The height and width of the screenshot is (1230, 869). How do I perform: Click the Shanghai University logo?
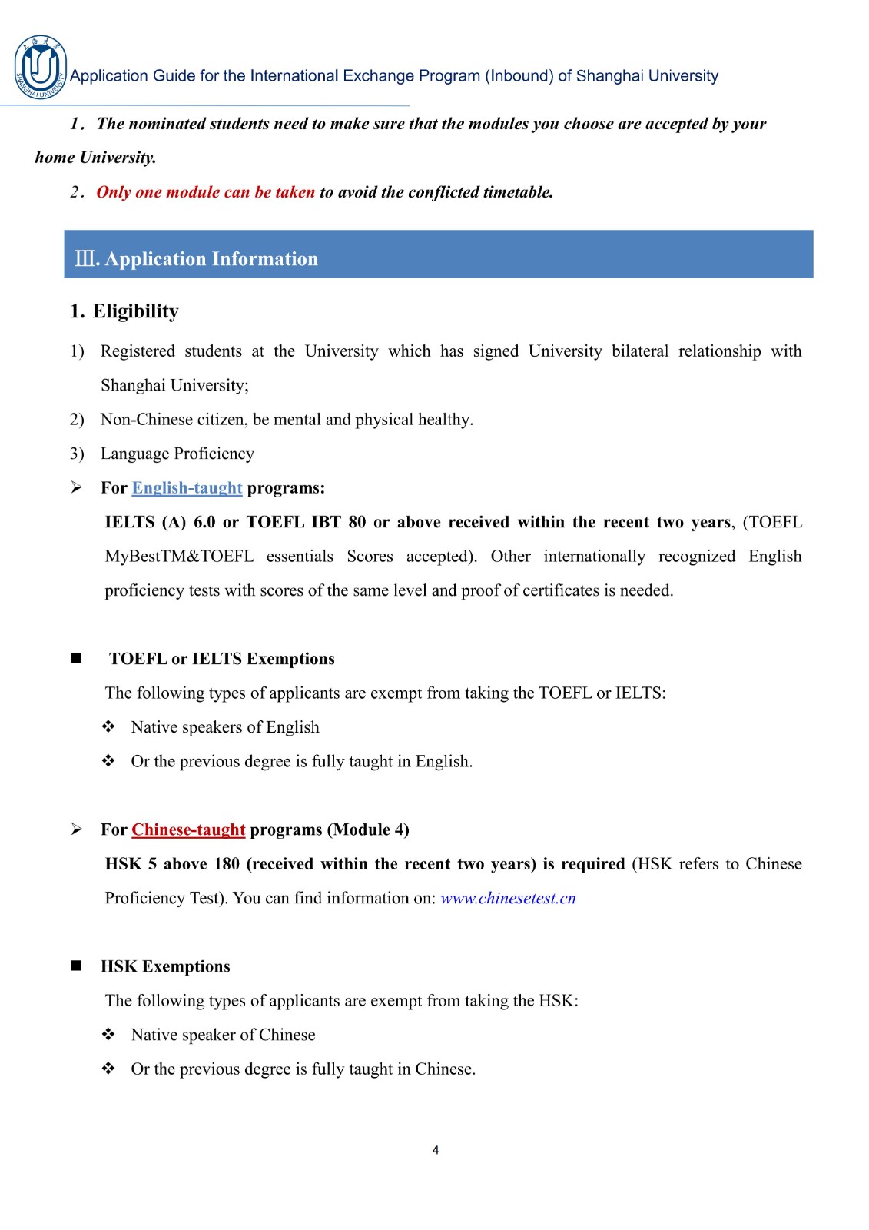point(40,68)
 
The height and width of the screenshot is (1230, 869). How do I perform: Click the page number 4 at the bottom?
point(436,1150)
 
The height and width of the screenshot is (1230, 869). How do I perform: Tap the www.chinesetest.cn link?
point(508,898)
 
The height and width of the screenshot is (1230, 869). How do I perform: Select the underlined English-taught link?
point(187,487)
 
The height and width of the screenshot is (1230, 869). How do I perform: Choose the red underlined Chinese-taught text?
point(188,829)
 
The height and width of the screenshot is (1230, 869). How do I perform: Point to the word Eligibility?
point(136,311)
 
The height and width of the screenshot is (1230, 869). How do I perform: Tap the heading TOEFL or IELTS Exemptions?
point(222,659)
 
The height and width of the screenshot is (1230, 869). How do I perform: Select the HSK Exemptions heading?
point(165,966)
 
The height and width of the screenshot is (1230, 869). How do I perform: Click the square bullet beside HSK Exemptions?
point(76,966)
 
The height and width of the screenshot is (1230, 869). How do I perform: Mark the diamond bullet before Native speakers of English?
point(108,726)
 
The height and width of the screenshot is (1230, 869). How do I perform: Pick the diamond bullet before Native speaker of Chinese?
point(108,1034)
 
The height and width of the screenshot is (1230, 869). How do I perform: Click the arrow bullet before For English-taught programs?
point(76,487)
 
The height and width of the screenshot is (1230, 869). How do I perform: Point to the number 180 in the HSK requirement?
point(227,864)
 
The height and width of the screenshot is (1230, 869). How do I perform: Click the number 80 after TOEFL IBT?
point(357,522)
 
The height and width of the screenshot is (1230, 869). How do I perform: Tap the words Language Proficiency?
point(177,454)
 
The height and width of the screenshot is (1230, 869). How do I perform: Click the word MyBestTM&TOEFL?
point(179,557)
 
